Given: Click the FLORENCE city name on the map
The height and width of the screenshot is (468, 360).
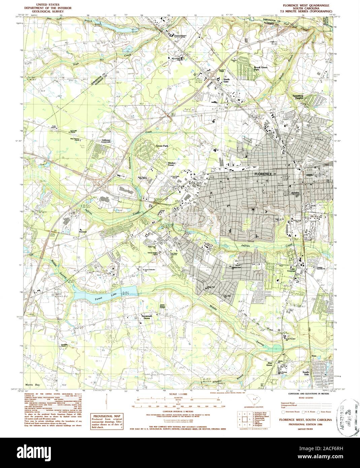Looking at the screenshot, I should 263,174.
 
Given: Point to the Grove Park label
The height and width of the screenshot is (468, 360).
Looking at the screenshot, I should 162,146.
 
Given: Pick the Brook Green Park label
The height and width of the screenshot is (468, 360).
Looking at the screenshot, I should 259,68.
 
